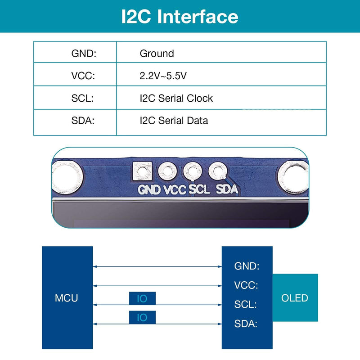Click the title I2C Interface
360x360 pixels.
[x=180, y=17]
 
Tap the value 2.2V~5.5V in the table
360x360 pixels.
[x=163, y=76]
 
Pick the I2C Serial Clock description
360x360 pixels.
[x=176, y=98]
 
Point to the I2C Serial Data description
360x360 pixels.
[x=174, y=121]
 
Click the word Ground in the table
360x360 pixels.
[x=157, y=54]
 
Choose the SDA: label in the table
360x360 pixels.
[x=83, y=121]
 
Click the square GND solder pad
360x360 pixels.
[x=142, y=171]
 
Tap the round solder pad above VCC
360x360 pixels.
[x=167, y=171]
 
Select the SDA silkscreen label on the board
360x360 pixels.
[x=227, y=189]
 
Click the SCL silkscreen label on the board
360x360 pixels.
[x=199, y=189]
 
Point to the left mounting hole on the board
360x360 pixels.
[x=67, y=177]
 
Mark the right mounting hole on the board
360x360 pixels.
[x=293, y=177]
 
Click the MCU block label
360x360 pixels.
[x=66, y=298]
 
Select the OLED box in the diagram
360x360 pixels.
[x=295, y=297]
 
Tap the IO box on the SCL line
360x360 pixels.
[x=142, y=298]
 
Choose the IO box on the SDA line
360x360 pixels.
[x=142, y=317]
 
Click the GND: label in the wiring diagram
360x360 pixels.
[x=247, y=266]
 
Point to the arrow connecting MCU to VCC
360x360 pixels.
[x=157, y=286]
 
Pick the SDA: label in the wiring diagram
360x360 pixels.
[x=246, y=324]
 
